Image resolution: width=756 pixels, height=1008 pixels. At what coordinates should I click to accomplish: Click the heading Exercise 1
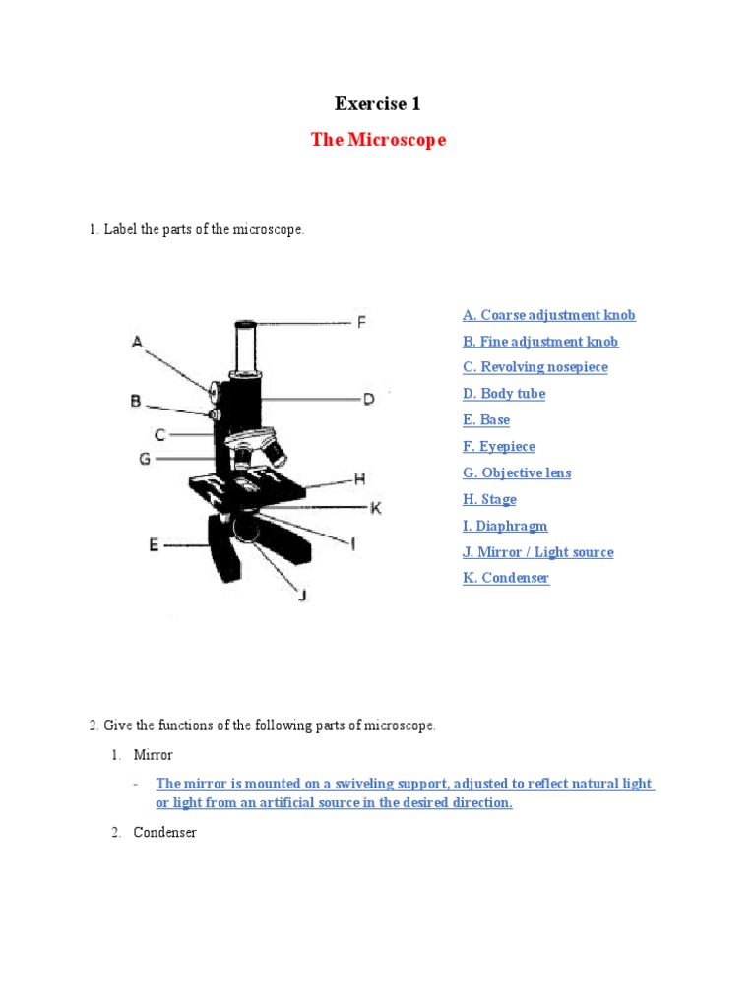coord(378,103)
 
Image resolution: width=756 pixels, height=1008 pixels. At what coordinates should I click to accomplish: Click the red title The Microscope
coord(378,140)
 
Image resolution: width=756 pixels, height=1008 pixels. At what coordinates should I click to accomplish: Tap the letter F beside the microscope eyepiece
coord(361,322)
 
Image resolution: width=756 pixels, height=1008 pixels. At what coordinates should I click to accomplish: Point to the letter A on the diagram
coord(138,342)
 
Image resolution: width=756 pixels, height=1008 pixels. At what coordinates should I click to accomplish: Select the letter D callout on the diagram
coord(368,399)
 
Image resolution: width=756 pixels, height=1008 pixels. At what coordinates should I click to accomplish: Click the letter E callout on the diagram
coord(154,543)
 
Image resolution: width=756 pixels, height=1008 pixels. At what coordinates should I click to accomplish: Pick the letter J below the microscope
coord(302,596)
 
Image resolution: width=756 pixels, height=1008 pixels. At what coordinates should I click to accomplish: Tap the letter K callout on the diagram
coord(375,508)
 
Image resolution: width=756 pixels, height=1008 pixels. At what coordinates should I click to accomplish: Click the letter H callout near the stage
coord(359,478)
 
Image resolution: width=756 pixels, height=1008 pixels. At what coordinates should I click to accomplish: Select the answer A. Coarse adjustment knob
coord(548,315)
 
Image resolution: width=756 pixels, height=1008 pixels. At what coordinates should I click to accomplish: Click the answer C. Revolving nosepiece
coord(535,367)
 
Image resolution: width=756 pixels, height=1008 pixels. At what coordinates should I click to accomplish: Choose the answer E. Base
coord(486,420)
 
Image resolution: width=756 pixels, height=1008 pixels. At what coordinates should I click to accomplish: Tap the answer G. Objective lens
coord(517,472)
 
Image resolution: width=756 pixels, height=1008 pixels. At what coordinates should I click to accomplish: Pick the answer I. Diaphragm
coord(505,526)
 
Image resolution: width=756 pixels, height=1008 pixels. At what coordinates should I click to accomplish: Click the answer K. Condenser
coord(506,578)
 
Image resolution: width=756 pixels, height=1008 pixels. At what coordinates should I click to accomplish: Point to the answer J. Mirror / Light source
coord(537,552)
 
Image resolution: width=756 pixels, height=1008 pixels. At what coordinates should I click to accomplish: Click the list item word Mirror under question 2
coord(153,755)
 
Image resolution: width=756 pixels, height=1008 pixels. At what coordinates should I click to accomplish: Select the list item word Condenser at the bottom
coord(164,833)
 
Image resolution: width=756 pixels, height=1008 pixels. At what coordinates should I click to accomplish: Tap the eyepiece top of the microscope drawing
coord(246,324)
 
